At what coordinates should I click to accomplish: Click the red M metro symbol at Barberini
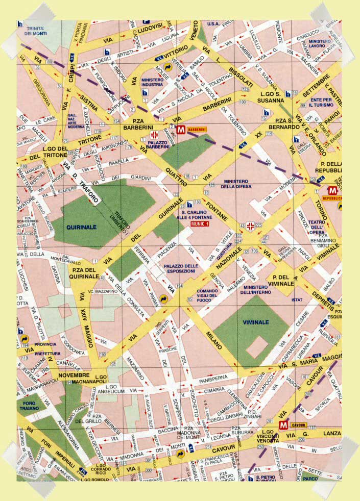180,130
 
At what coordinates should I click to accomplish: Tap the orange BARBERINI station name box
197,130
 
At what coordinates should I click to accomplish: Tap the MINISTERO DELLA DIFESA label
235,184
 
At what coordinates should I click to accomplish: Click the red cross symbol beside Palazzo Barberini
154,135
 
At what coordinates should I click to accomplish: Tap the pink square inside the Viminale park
258,346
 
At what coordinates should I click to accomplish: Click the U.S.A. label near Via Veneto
213,24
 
